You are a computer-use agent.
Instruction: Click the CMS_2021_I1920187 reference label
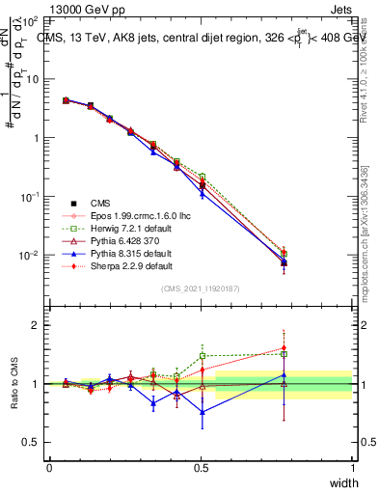click(201, 288)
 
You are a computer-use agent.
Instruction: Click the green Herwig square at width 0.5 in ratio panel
click(202, 355)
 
